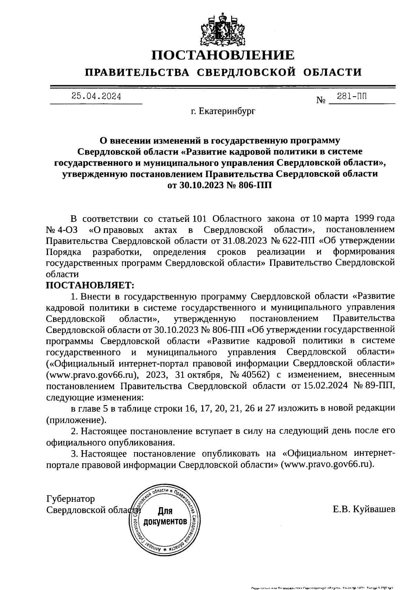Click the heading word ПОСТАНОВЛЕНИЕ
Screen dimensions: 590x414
click(x=224, y=55)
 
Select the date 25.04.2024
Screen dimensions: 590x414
click(x=96, y=96)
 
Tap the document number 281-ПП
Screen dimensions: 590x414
click(x=352, y=97)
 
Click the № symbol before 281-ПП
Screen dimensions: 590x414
click(x=321, y=101)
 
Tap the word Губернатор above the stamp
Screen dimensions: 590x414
click(x=70, y=499)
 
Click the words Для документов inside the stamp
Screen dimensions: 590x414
click(x=166, y=516)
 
